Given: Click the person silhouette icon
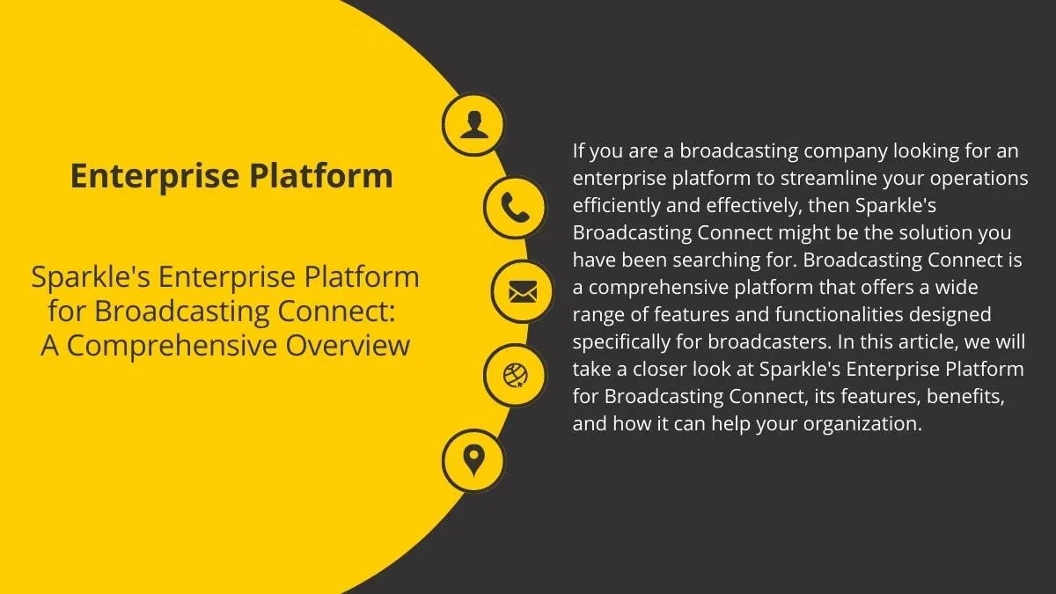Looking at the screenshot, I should click(x=473, y=125).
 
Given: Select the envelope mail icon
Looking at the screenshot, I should click(x=522, y=290).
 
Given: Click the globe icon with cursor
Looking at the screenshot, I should click(x=515, y=376).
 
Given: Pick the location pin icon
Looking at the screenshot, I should click(x=473, y=459).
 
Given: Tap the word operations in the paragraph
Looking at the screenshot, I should click(x=979, y=179).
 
